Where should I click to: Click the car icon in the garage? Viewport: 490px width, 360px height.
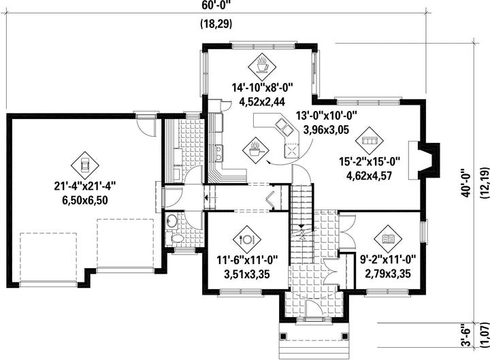click(84, 165)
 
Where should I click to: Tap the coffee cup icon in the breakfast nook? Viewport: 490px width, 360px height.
click(262, 65)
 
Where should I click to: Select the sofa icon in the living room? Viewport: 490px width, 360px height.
click(370, 141)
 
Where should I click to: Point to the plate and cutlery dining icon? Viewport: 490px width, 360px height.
click(247, 240)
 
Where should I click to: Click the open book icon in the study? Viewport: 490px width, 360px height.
click(388, 239)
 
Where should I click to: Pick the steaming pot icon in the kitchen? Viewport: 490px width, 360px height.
click(257, 150)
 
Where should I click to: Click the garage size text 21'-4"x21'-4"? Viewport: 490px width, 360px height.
click(85, 186)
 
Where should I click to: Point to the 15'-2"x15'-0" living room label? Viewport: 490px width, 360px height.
click(370, 161)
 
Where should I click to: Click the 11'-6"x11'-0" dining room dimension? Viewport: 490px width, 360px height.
click(247, 260)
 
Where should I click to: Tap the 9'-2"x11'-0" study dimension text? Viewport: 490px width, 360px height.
click(388, 259)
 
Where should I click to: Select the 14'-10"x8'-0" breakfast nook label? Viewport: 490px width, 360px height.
click(262, 87)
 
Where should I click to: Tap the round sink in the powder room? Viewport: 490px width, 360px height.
click(171, 221)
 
